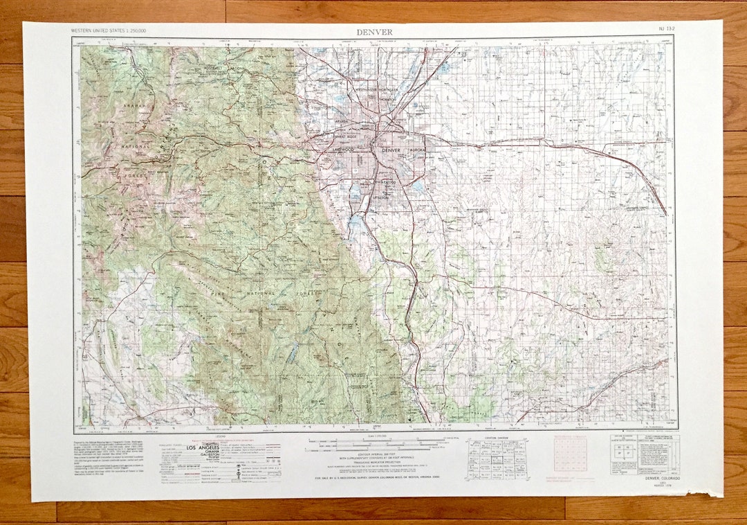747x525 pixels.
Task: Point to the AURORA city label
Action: (x=418, y=150)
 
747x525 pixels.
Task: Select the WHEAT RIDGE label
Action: (x=344, y=136)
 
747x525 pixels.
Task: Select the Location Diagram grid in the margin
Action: (x=496, y=459)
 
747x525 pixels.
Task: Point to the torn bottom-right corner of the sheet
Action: (x=717, y=493)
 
